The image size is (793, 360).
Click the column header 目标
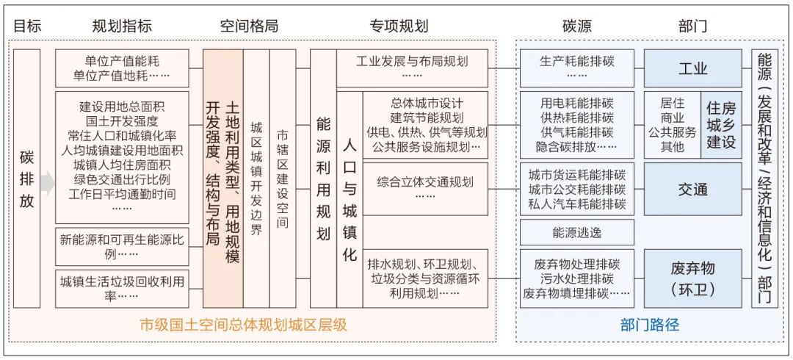[27, 26]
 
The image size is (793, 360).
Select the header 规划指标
[122, 26]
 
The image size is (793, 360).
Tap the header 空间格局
[250, 26]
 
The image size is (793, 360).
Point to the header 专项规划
[399, 26]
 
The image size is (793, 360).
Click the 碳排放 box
[26, 179]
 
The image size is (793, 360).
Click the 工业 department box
[692, 68]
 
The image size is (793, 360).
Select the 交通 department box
[692, 189]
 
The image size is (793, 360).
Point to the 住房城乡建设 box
[721, 125]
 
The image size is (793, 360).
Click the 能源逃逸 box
[576, 233]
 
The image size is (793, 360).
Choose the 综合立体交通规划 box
[425, 188]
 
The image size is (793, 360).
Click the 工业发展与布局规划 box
[411, 68]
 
